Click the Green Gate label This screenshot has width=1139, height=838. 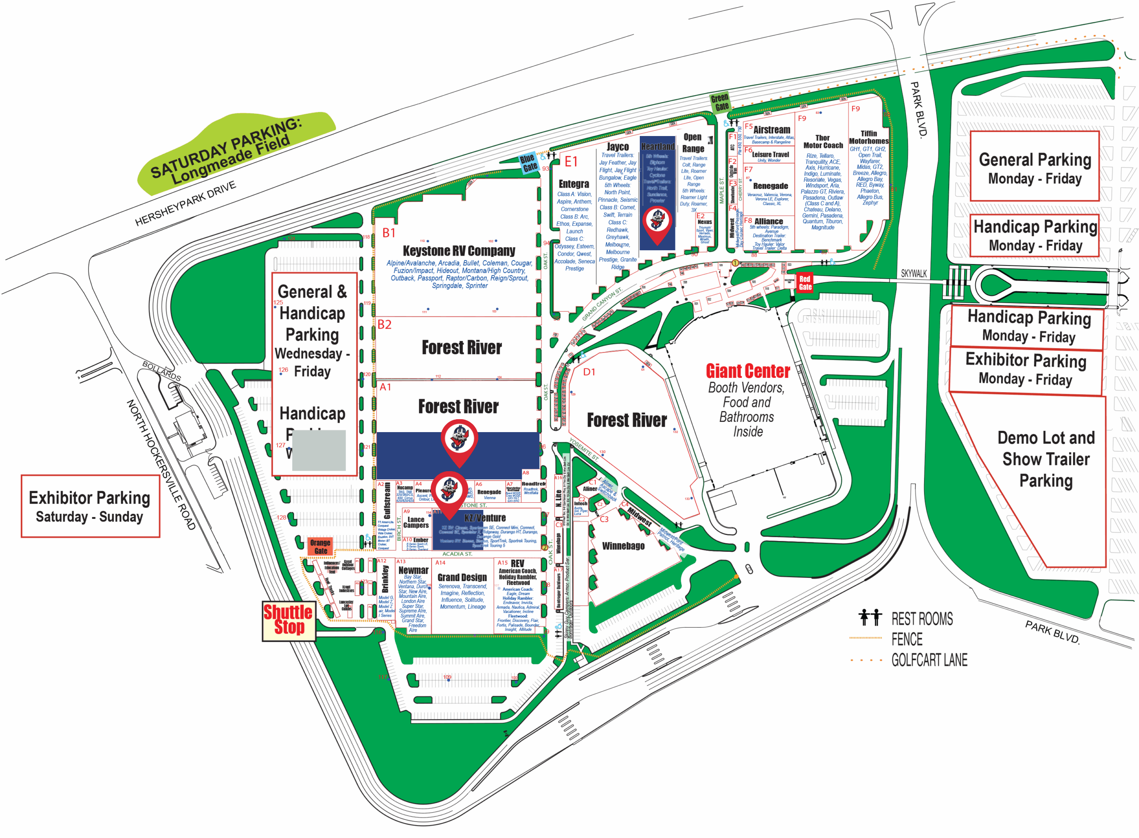[x=720, y=102]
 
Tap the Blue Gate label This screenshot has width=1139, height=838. [x=529, y=162]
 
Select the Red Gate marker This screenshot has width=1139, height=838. [x=804, y=283]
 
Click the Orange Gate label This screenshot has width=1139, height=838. [x=320, y=546]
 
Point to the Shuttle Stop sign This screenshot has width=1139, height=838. [x=288, y=620]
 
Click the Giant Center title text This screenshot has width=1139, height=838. [x=747, y=371]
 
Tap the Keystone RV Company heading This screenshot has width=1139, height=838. [x=458, y=251]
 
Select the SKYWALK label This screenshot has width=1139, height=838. [x=913, y=273]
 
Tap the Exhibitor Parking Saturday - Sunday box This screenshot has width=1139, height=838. [x=90, y=506]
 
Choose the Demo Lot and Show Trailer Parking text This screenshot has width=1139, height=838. [x=1046, y=459]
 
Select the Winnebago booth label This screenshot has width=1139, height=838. [x=623, y=546]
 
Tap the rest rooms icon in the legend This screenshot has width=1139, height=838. [x=869, y=618]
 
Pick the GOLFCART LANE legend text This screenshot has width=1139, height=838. [x=929, y=660]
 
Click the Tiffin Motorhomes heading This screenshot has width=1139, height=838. [x=868, y=137]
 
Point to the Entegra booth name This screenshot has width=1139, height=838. [x=574, y=184]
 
